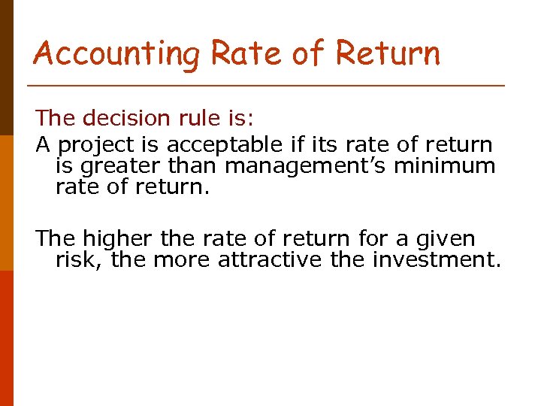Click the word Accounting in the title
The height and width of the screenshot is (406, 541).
(x=117, y=54)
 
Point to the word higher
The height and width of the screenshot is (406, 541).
(x=118, y=239)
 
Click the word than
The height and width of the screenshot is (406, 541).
(x=196, y=165)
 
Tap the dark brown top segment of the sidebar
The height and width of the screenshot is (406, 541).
(x=6, y=68)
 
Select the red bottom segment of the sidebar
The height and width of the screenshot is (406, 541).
(x=6, y=338)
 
